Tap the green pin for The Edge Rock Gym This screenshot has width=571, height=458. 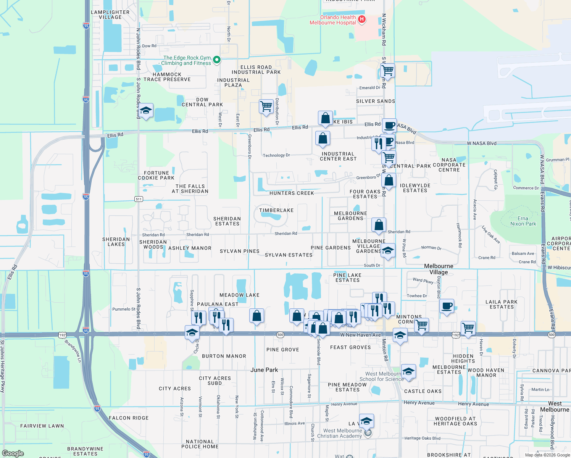[216, 60]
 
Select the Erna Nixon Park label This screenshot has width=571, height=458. [523, 221]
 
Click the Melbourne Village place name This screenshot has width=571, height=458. [439, 269]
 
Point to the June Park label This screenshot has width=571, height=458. [264, 370]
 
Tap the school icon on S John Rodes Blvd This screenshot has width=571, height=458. [145, 111]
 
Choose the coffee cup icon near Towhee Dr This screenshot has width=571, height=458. [447, 306]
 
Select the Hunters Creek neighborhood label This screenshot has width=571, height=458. [292, 193]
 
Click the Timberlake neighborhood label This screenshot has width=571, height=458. [276, 210]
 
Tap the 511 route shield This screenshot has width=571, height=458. [139, 199]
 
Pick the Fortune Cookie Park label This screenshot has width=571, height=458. [156, 176]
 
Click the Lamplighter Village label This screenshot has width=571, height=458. [110, 15]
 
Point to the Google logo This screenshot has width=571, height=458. [13, 453]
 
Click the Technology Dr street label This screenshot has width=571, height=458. [276, 155]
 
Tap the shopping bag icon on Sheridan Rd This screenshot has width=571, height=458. [379, 225]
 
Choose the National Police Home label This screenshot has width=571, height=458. [200, 444]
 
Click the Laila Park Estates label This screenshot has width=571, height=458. [502, 304]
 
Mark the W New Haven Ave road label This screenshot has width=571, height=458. [360, 335]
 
